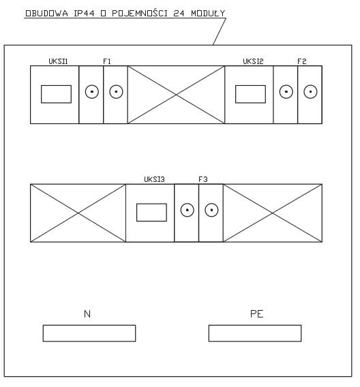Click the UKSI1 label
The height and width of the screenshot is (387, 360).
(58, 61)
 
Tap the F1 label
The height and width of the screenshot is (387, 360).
(107, 61)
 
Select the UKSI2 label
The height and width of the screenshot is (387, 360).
(253, 61)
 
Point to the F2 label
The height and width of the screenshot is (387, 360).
(302, 61)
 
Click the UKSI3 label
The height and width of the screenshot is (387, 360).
(154, 179)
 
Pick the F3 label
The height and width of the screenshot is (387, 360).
(203, 179)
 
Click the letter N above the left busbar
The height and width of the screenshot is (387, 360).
(87, 314)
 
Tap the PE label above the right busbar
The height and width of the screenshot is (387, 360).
(257, 314)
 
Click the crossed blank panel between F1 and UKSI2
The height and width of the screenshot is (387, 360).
(176, 95)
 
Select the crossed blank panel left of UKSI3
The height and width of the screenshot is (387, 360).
(78, 213)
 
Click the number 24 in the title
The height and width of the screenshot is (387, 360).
(179, 14)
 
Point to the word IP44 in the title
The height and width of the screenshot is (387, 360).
(84, 14)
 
